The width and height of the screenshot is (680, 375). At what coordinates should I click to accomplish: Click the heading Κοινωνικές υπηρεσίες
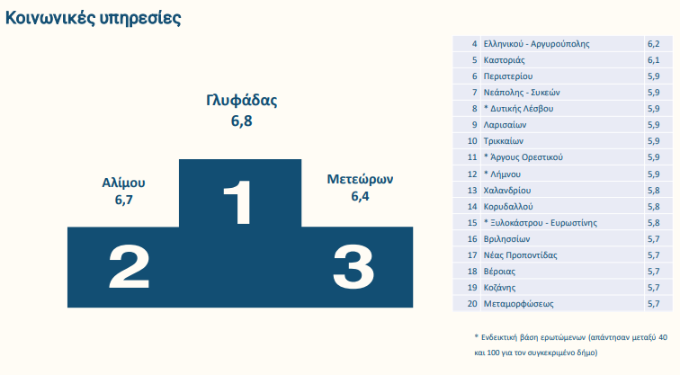coord(93,18)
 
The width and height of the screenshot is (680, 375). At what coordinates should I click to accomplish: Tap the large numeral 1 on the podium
coord(238,202)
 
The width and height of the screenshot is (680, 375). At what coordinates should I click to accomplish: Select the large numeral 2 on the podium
coord(130,266)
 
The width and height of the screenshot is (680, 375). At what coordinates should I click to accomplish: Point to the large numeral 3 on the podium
coord(353,266)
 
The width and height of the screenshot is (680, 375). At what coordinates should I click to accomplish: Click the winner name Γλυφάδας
coord(242,101)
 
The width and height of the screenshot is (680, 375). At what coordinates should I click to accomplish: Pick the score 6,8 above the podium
coord(242,121)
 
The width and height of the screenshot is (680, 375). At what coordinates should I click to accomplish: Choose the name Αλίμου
coord(123,183)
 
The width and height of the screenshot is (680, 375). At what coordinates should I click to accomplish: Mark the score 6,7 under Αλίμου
coord(123,201)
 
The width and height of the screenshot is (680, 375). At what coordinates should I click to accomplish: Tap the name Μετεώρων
coord(360,179)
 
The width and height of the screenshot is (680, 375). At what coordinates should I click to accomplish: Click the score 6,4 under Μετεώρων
coord(360,196)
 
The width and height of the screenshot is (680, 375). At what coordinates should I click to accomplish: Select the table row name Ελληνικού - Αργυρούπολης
coord(536,44)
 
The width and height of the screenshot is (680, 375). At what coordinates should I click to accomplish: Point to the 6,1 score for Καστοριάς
coord(654,60)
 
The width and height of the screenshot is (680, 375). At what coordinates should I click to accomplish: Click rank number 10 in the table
coord(472,141)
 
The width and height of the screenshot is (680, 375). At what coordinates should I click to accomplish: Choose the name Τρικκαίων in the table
coord(504,141)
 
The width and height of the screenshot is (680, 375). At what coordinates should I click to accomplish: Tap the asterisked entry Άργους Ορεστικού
coord(523,157)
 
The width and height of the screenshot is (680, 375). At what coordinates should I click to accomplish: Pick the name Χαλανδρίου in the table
coord(507,191)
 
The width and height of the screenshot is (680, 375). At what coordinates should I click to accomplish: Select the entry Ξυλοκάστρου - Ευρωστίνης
coord(541,223)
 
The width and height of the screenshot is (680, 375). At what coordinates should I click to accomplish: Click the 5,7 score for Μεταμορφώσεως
coord(654,304)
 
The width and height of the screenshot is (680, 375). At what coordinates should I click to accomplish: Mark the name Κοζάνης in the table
coord(499,288)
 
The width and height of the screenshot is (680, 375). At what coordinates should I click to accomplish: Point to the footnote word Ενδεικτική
coord(498,337)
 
